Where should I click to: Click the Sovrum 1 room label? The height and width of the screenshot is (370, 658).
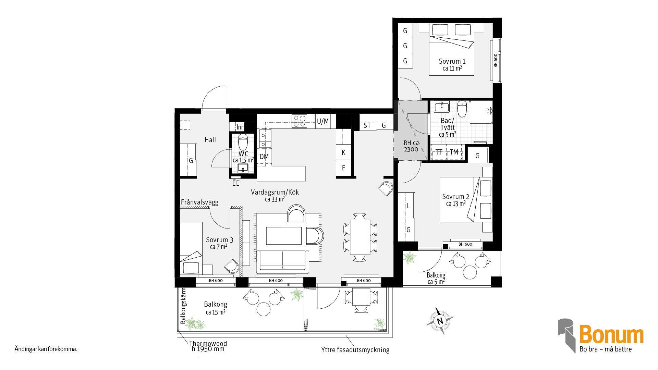click(x=452, y=61)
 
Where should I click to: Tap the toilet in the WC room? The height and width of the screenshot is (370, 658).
click(x=243, y=142)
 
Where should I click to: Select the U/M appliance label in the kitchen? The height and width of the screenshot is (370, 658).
click(x=323, y=121)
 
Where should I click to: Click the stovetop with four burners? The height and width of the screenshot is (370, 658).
click(x=299, y=121)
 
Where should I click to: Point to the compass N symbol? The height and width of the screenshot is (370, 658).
click(x=440, y=321)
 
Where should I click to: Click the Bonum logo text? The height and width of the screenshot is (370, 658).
click(x=611, y=334)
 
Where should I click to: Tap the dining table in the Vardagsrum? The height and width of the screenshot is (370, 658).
click(x=360, y=237)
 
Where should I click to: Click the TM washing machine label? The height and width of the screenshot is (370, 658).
click(x=454, y=152)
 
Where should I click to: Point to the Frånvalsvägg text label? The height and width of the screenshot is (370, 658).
click(x=199, y=202)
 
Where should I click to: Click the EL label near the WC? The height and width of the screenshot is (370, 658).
click(x=235, y=183)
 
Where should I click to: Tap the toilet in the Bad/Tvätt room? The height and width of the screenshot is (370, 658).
click(x=462, y=109)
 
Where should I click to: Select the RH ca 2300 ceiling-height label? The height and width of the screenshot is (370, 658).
click(x=411, y=146)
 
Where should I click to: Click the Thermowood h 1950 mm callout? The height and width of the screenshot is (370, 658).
click(x=208, y=346)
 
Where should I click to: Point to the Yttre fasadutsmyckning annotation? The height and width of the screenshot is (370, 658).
click(x=355, y=350)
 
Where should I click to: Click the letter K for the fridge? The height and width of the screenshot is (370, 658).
click(x=343, y=152)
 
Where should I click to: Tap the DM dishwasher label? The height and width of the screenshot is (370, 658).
click(x=264, y=157)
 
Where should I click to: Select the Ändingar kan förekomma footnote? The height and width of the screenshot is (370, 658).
click(x=46, y=349)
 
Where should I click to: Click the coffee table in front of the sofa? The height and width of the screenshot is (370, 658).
click(x=284, y=236)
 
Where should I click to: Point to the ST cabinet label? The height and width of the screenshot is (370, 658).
click(x=367, y=125)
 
